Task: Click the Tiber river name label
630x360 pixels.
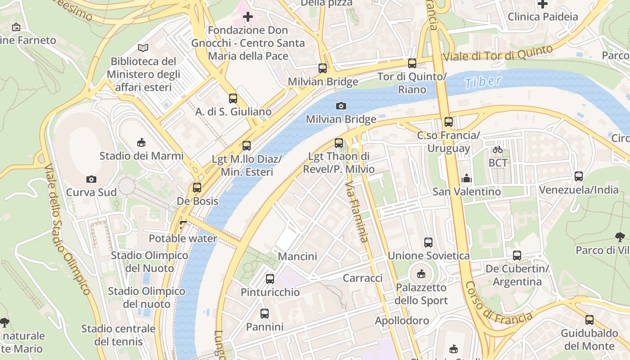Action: [483, 82]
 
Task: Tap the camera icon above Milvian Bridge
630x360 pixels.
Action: [341, 106]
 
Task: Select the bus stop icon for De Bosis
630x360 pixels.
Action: [197, 188]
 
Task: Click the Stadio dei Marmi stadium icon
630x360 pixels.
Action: [141, 143]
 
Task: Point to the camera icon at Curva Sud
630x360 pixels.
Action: [91, 179]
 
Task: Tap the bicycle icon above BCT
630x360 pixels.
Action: [498, 149]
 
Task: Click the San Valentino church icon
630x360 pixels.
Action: [467, 178]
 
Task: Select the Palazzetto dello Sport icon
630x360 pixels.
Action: [421, 274]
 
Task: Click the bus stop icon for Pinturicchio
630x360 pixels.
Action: [270, 279]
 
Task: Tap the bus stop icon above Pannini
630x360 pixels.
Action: [265, 313]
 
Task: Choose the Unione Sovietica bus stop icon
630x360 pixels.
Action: [428, 243]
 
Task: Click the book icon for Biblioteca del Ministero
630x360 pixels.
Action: [143, 48]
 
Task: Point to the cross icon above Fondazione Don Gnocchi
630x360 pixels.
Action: [247, 17]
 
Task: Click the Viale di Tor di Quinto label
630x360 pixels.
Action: [497, 54]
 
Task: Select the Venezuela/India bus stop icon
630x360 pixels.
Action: [579, 176]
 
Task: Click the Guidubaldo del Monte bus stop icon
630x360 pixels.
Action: [589, 320]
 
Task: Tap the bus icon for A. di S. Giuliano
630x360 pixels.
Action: [233, 98]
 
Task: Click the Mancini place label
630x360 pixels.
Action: [297, 256]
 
